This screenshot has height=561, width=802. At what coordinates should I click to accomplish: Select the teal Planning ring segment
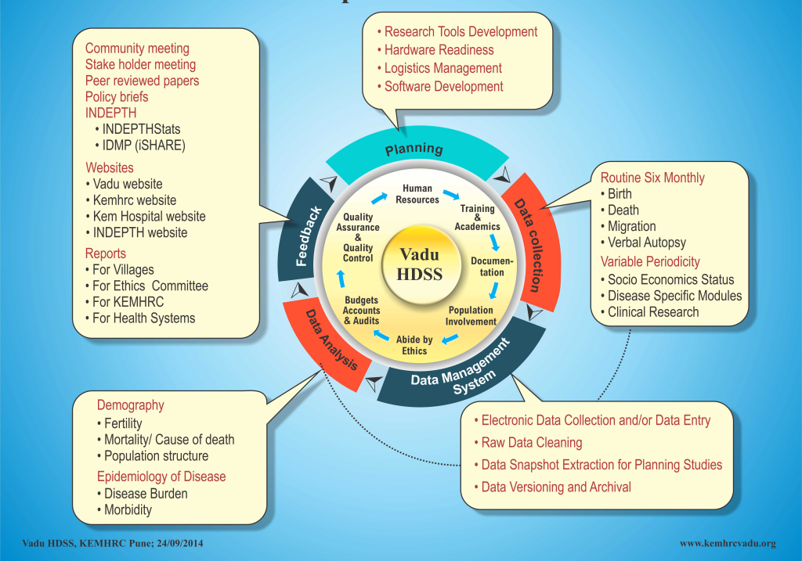coord(414,149)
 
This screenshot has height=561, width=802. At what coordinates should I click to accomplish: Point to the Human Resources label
coord(417,194)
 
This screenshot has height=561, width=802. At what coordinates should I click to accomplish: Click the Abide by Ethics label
coord(414,345)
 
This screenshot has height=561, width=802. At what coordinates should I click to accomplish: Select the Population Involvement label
coord(471,315)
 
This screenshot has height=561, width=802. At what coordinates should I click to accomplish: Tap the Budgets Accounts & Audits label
coord(361,310)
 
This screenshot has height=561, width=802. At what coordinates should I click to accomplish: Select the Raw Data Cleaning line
coord(532,443)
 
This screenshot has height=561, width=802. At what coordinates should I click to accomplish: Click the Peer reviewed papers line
coord(142,81)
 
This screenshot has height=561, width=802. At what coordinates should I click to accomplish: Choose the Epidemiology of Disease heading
coord(161,476)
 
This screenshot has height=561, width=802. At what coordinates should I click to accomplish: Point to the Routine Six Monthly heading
coord(652,178)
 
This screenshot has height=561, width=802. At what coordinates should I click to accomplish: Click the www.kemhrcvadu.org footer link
coord(728,543)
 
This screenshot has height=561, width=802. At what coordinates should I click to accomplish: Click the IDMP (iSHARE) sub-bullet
coord(143,145)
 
